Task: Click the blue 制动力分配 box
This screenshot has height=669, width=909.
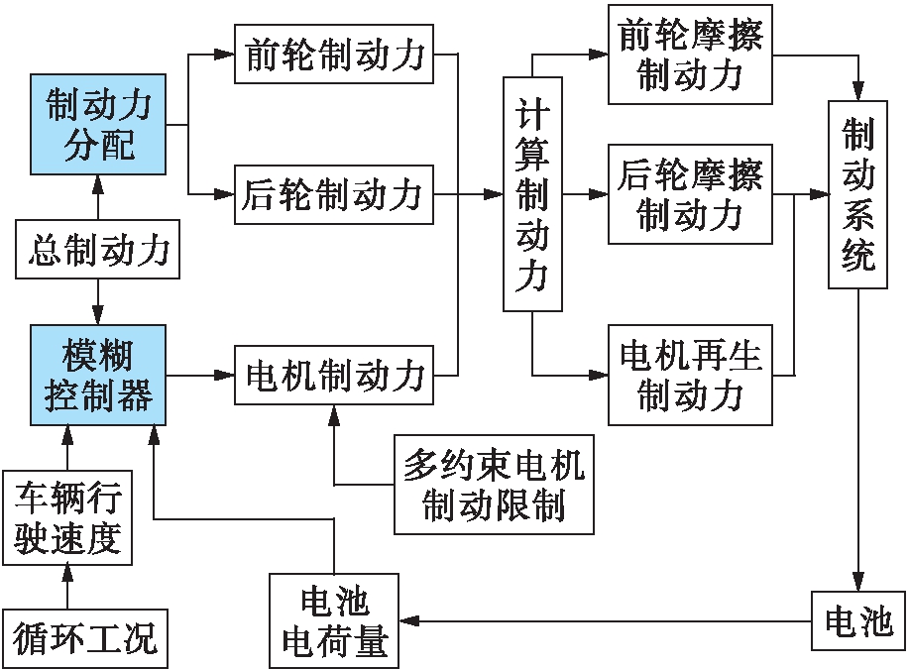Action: click(x=97, y=124)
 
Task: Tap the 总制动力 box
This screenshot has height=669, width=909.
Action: click(x=97, y=250)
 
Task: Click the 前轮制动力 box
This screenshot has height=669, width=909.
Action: click(x=333, y=55)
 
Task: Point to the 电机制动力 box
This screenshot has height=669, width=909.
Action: click(x=333, y=376)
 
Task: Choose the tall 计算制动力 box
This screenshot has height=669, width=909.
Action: click(x=532, y=195)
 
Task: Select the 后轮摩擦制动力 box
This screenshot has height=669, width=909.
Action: click(x=690, y=195)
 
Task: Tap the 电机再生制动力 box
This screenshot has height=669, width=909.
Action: click(x=690, y=376)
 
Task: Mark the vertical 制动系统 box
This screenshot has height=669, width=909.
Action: click(x=858, y=195)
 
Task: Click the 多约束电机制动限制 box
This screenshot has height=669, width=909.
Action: click(x=494, y=485)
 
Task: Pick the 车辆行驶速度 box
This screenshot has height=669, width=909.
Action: click(x=65, y=518)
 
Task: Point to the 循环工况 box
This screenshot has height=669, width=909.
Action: click(x=84, y=637)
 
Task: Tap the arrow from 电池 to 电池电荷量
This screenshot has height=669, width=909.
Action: click(x=605, y=621)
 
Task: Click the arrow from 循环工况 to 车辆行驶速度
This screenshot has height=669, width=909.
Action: click(x=65, y=587)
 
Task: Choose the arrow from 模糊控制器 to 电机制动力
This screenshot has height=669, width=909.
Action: click(x=201, y=376)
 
